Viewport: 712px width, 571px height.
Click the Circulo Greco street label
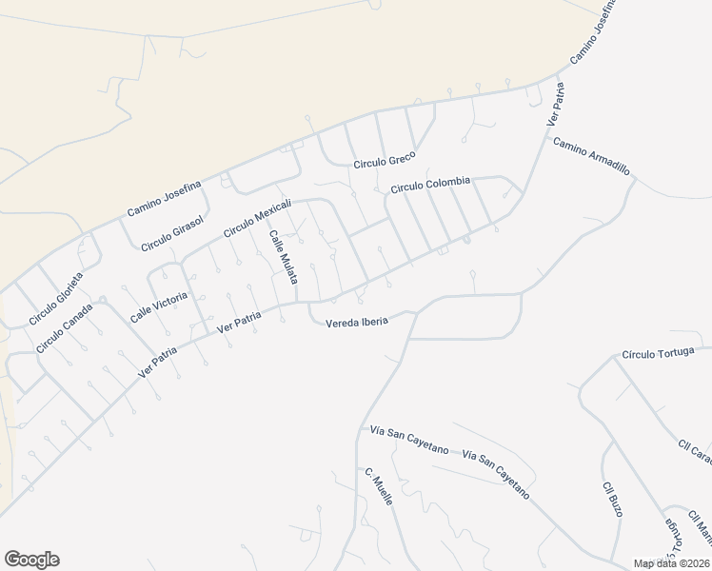[x=386, y=162]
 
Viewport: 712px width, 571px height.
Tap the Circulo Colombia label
[x=430, y=184]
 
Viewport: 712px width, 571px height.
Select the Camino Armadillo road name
[x=591, y=155]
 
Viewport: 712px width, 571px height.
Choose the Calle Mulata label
[x=284, y=257]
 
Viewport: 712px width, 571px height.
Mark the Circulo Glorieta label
[x=56, y=299]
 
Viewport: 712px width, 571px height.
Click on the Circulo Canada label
[x=65, y=328]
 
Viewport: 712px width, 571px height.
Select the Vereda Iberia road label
[x=357, y=322]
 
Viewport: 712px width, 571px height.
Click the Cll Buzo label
[x=612, y=499]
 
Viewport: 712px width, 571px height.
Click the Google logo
[x=31, y=560]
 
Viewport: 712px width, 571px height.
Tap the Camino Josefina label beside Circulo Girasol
[x=164, y=198]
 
